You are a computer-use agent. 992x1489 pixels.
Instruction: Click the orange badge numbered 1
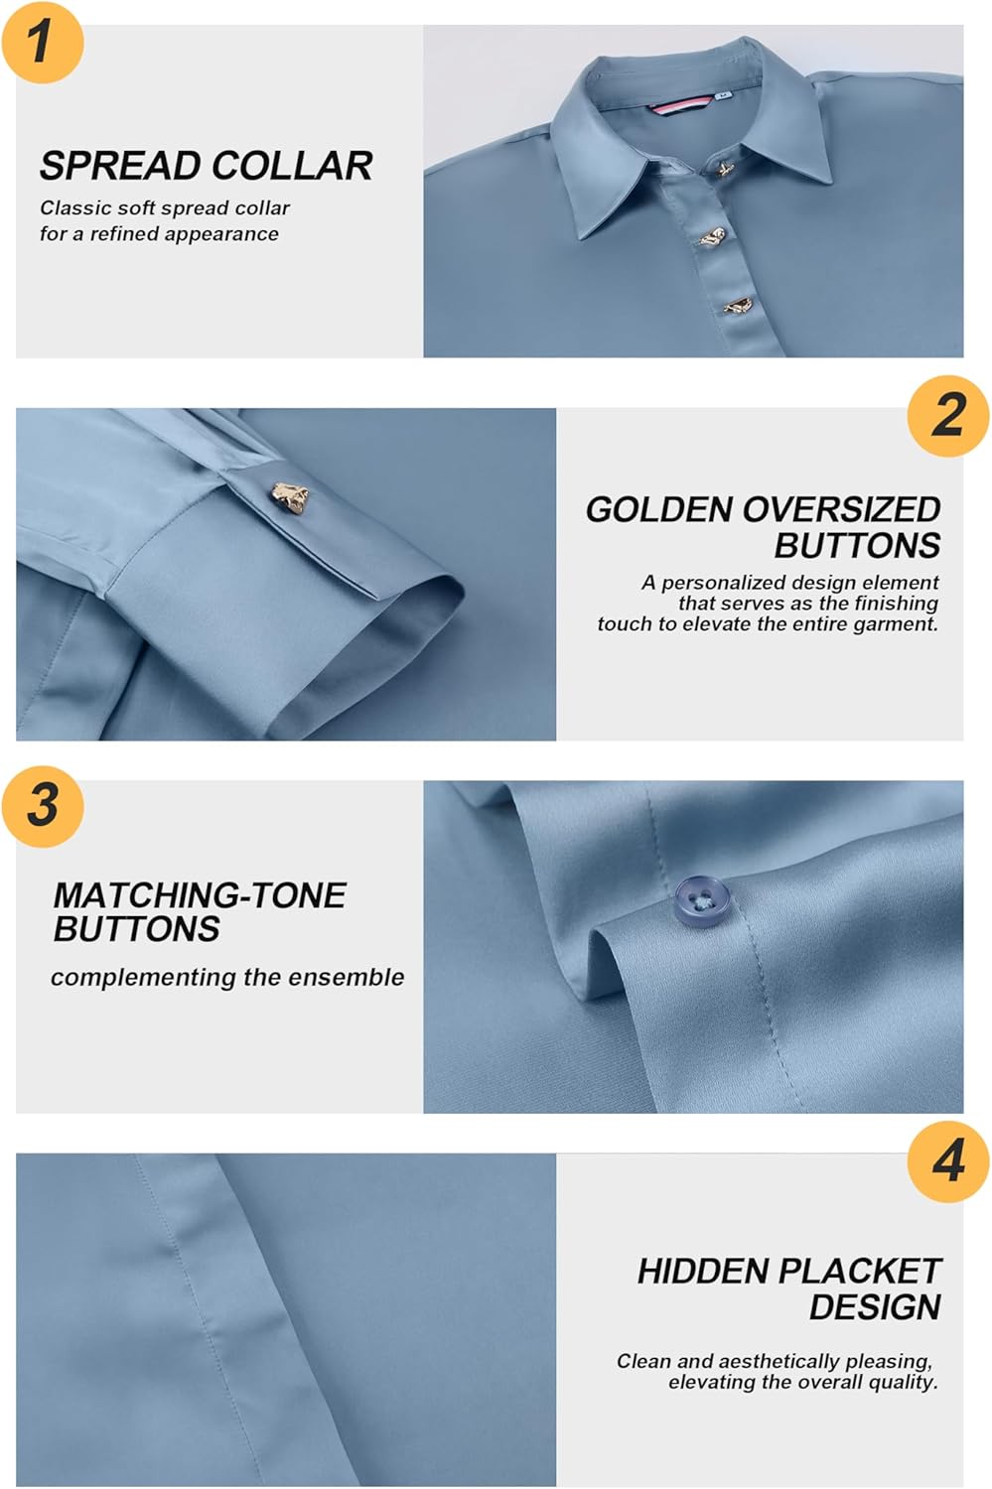pyautogui.click(x=42, y=42)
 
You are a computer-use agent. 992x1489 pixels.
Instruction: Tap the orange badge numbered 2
pyautogui.click(x=948, y=415)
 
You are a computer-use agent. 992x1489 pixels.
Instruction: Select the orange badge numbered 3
pyautogui.click(x=42, y=805)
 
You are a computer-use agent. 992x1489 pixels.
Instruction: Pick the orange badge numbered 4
pyautogui.click(x=948, y=1160)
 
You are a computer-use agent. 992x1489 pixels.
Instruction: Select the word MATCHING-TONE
pyautogui.click(x=199, y=895)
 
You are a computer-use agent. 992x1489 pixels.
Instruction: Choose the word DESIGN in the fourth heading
pyautogui.click(x=874, y=1307)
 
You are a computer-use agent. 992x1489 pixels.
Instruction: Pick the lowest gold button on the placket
pyautogui.click(x=737, y=307)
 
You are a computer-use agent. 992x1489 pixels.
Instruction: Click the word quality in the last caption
pyautogui.click(x=905, y=1382)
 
